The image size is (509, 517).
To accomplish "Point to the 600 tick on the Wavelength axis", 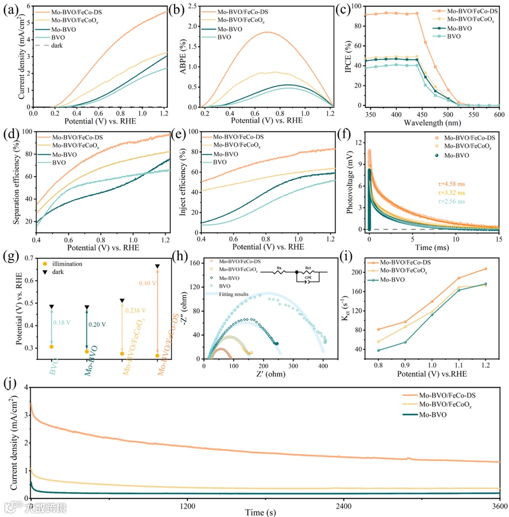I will [x=499, y=115].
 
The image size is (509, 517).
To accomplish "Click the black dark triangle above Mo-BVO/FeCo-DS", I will [x=157, y=267].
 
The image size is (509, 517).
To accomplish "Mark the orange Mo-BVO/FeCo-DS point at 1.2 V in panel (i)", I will [x=485, y=269].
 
